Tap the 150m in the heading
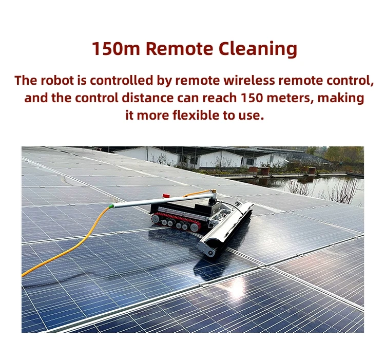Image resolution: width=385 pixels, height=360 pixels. coord(117,49)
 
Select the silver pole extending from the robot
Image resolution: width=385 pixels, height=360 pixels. coord(154,201)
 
